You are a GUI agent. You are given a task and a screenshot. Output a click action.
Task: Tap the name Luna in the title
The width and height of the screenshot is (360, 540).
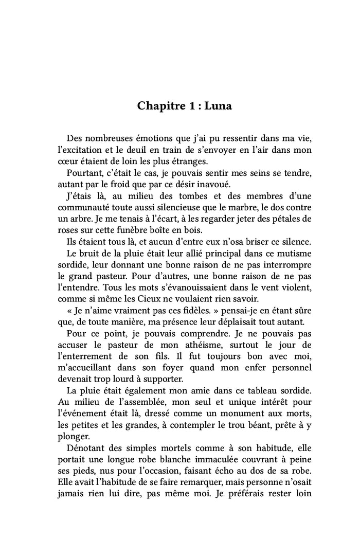(218, 106)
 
